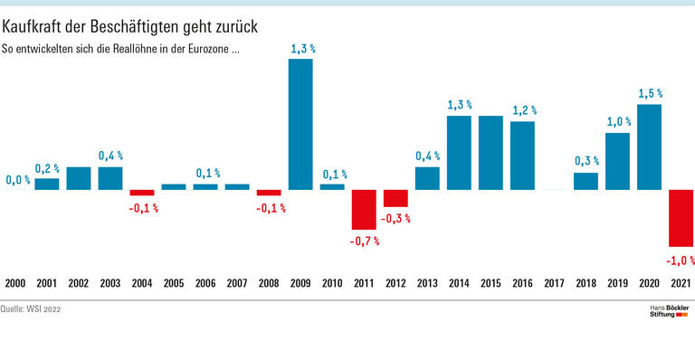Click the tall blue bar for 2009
pyautogui.click(x=300, y=124)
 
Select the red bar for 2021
pyautogui.click(x=681, y=218)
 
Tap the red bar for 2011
pyautogui.click(x=364, y=210)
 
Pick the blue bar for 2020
pyautogui.click(x=649, y=147)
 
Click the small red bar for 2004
pyautogui.click(x=142, y=193)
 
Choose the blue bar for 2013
pyautogui.click(x=427, y=178)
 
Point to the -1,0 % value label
pyautogui.click(x=679, y=261)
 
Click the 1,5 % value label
pyautogui.click(x=649, y=93)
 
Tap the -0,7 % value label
pyautogui.click(x=364, y=242)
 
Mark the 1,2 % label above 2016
pyautogui.click(x=522, y=109)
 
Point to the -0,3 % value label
pyautogui.click(x=396, y=219)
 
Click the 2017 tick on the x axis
pyautogui.click(x=554, y=284)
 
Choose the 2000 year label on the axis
pyautogui.click(x=15, y=284)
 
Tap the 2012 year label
pyautogui.click(x=395, y=284)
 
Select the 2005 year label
pyautogui.click(x=174, y=284)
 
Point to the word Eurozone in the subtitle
pyautogui.click(x=207, y=51)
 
